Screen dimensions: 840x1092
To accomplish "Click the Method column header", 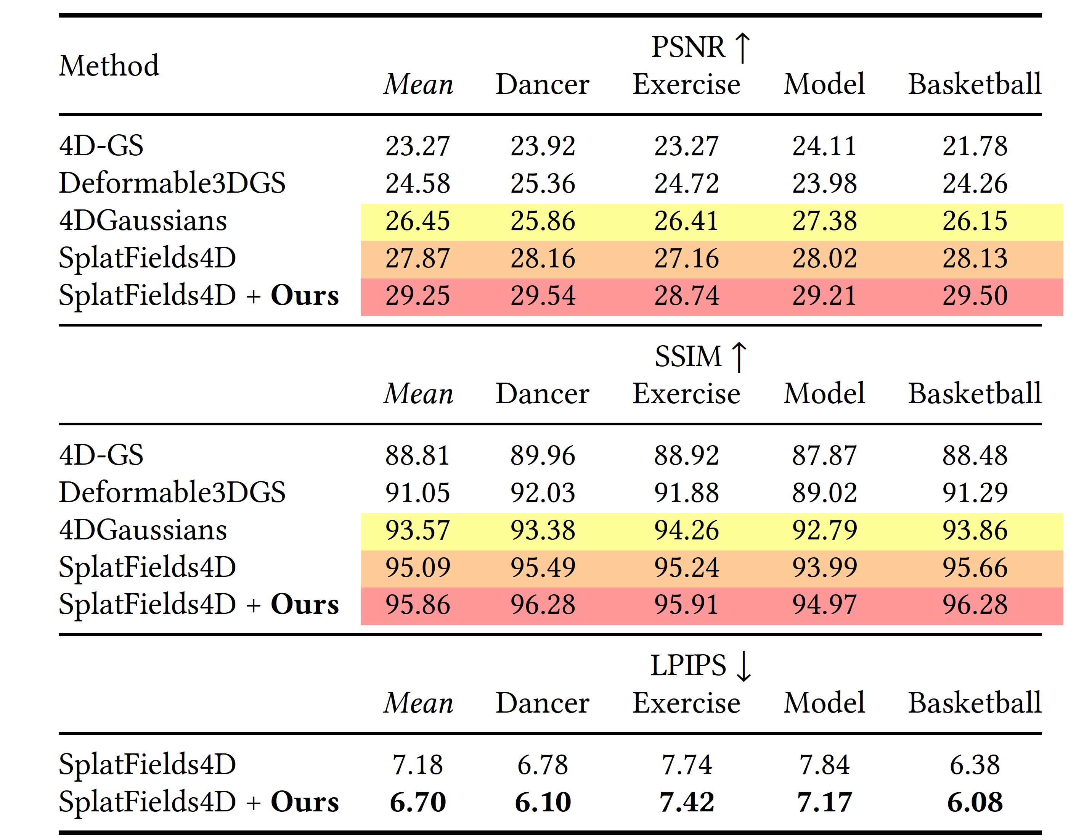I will tap(109, 66).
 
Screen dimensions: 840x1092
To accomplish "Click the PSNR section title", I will tap(688, 48).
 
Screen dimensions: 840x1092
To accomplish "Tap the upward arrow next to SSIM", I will tap(738, 357).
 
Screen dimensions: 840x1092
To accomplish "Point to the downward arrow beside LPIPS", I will tap(743, 666).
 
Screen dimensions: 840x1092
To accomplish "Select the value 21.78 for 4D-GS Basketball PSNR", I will tap(974, 146).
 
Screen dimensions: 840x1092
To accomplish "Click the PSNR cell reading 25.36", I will tap(542, 183).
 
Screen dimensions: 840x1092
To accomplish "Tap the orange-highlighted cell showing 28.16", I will tap(542, 259).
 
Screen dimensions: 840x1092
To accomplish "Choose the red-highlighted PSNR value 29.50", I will tap(974, 296).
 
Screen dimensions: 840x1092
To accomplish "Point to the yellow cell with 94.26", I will tap(686, 530).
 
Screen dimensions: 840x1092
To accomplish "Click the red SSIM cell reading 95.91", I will tap(686, 605).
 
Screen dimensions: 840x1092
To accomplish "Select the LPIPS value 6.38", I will tap(974, 765).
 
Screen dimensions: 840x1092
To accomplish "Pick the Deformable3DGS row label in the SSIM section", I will tap(172, 492).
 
